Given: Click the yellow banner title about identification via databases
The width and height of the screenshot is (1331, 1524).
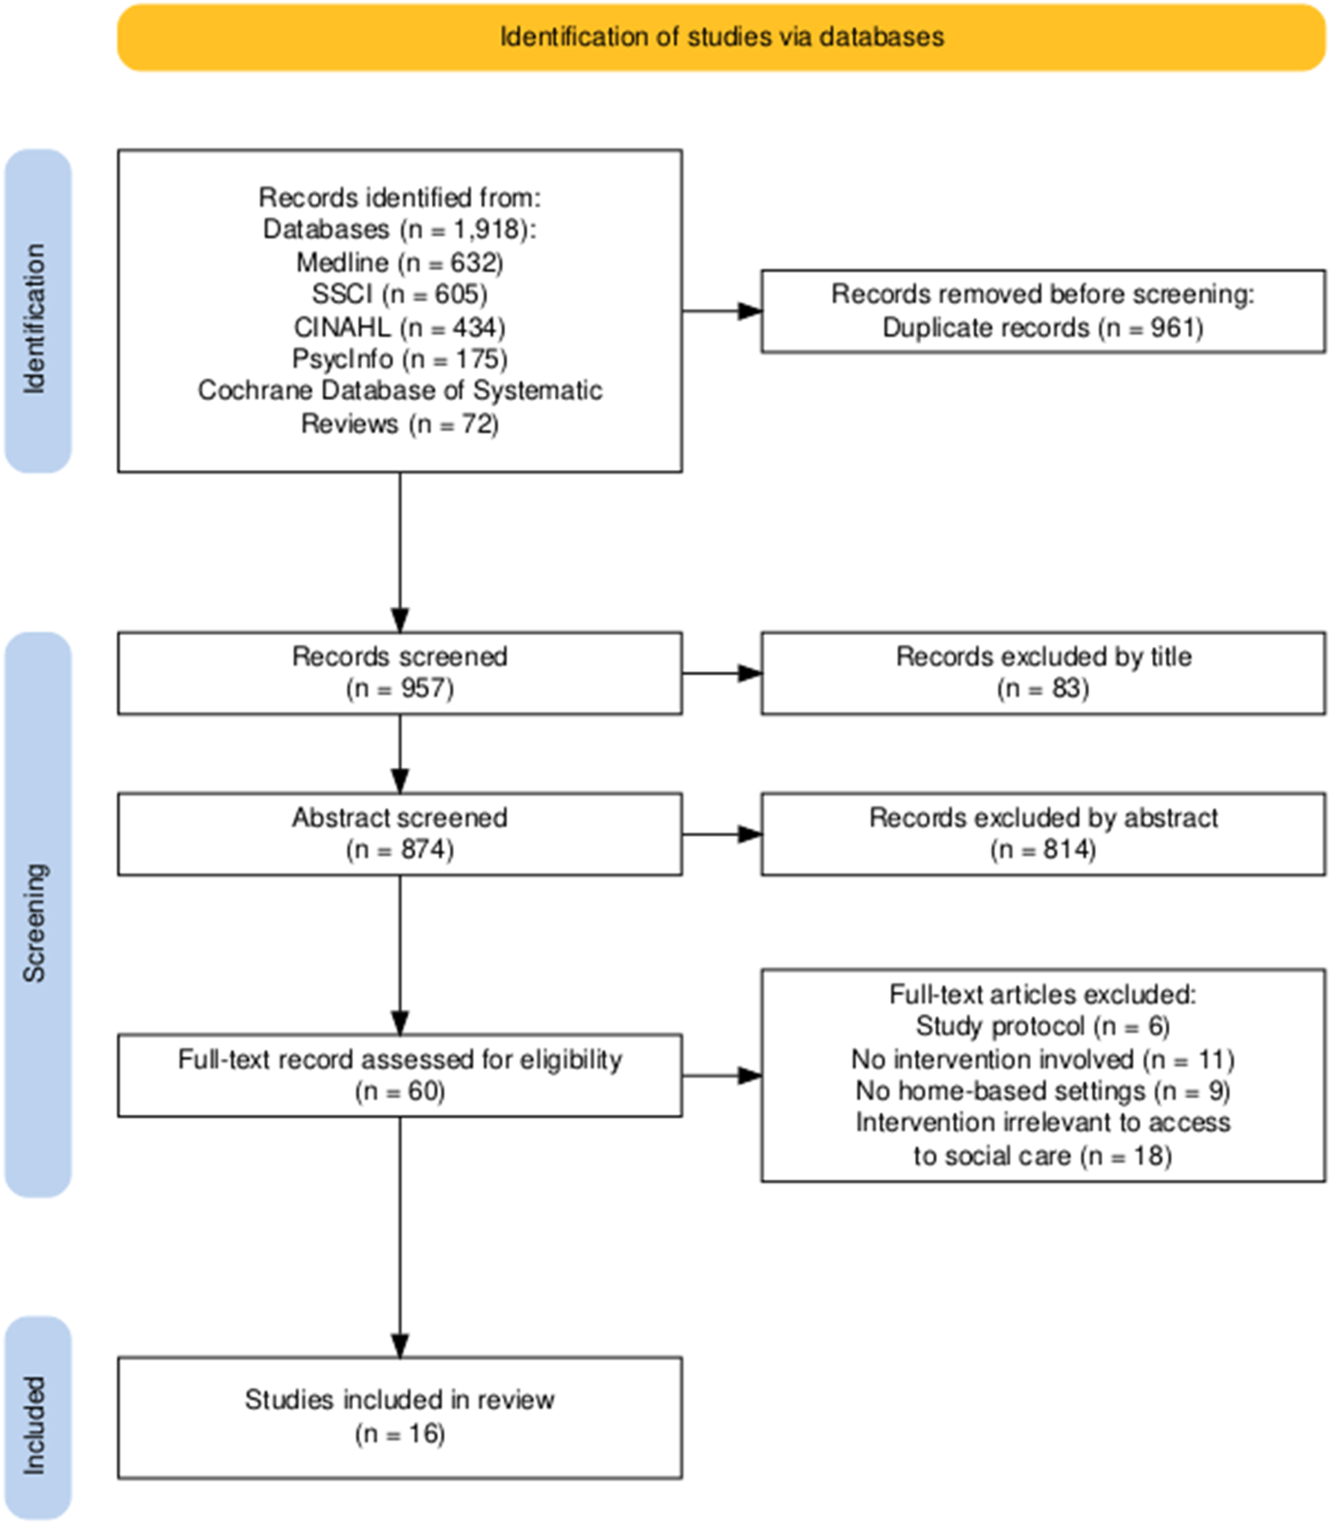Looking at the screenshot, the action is (721, 37).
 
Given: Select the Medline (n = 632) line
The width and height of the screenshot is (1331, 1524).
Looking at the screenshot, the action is (400, 262).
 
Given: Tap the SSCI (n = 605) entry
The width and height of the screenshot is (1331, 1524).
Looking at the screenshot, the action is (400, 294).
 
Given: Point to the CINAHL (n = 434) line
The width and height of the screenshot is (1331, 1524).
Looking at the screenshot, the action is (400, 327).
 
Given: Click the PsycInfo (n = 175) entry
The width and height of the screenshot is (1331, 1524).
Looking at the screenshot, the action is (400, 359).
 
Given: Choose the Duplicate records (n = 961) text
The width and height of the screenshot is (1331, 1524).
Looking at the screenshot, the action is (1043, 328).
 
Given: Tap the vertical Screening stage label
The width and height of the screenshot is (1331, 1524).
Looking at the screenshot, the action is (34, 922).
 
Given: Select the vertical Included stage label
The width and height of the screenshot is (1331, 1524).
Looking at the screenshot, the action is (34, 1425).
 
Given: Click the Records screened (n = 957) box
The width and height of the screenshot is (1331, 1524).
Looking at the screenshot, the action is (400, 673).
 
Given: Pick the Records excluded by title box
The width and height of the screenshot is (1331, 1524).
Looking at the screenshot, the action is (1043, 673).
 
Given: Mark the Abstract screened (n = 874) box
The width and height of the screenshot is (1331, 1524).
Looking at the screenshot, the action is (400, 834).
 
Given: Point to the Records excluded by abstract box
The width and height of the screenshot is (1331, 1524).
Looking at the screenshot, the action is (1043, 834).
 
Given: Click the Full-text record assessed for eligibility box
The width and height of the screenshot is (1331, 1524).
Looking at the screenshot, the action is (400, 1075).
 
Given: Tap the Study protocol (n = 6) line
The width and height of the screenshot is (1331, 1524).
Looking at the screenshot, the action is (1043, 1026).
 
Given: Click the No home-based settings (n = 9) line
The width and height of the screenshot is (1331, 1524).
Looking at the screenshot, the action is (1043, 1091).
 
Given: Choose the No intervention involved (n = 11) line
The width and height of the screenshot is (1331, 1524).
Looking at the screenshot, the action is (1043, 1059).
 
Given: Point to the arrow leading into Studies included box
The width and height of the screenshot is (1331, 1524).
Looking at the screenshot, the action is (400, 1237).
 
